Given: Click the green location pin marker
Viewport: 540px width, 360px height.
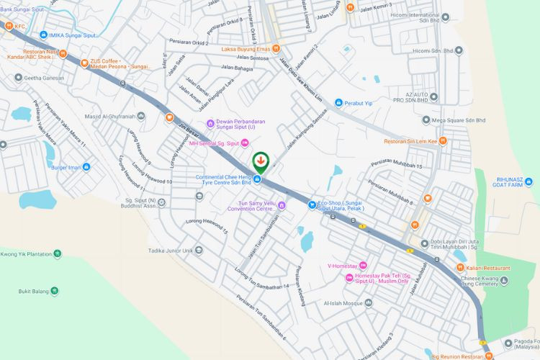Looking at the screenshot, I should pyautogui.click(x=261, y=161).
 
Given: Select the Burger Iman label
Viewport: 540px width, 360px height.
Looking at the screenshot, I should pyautogui.click(x=64, y=167).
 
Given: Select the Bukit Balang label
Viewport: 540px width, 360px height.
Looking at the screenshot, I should pyautogui.click(x=34, y=292).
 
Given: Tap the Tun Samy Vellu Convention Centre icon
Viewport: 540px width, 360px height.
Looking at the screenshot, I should pyautogui.click(x=282, y=206).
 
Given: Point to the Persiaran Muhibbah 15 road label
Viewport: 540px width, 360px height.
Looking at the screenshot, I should pyautogui.click(x=396, y=165).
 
